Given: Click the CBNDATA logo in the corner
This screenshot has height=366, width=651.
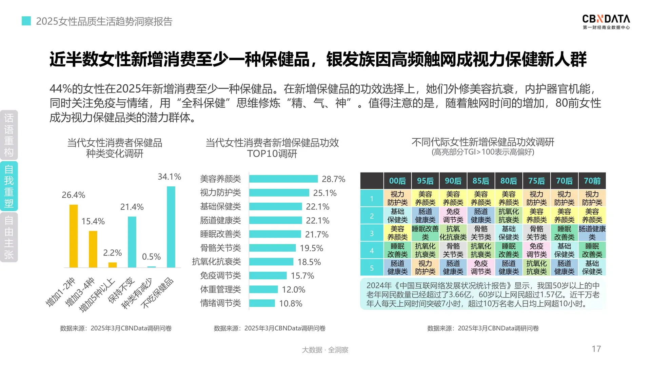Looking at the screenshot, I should (x=606, y=22).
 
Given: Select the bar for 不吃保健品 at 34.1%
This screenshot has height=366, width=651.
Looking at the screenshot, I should (x=171, y=227).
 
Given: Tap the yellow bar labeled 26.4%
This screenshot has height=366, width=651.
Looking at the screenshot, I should (x=74, y=236).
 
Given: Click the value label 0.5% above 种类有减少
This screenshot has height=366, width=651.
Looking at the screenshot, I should (x=151, y=257).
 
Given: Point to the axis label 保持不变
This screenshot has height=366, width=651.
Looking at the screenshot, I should (x=121, y=290).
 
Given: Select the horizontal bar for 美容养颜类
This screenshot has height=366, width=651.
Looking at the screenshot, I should (x=283, y=179).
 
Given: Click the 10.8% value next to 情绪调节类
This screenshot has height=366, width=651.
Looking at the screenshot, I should (x=291, y=303).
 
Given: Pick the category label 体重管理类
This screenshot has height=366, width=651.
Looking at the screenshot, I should (x=220, y=289).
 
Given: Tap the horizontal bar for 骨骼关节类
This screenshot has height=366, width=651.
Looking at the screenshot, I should (x=272, y=248).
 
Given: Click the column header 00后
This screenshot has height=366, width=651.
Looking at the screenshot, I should (x=397, y=181).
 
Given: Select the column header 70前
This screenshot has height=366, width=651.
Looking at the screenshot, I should (x=592, y=181).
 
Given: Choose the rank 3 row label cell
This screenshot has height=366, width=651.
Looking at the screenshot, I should (x=372, y=233).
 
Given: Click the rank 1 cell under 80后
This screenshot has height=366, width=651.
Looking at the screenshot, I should (x=509, y=198).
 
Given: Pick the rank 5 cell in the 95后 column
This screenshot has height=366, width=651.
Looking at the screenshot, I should (x=425, y=267).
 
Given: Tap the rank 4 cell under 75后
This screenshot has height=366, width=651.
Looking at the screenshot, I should (x=536, y=250).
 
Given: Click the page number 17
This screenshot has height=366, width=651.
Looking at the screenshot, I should (x=596, y=349).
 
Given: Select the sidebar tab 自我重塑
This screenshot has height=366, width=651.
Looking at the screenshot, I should (x=9, y=186).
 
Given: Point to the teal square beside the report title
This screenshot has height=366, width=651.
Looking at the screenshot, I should (x=26, y=21).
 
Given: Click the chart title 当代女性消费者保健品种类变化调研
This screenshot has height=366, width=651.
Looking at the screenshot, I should (x=115, y=148).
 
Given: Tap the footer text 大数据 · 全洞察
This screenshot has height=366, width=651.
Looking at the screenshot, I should (x=325, y=350).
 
